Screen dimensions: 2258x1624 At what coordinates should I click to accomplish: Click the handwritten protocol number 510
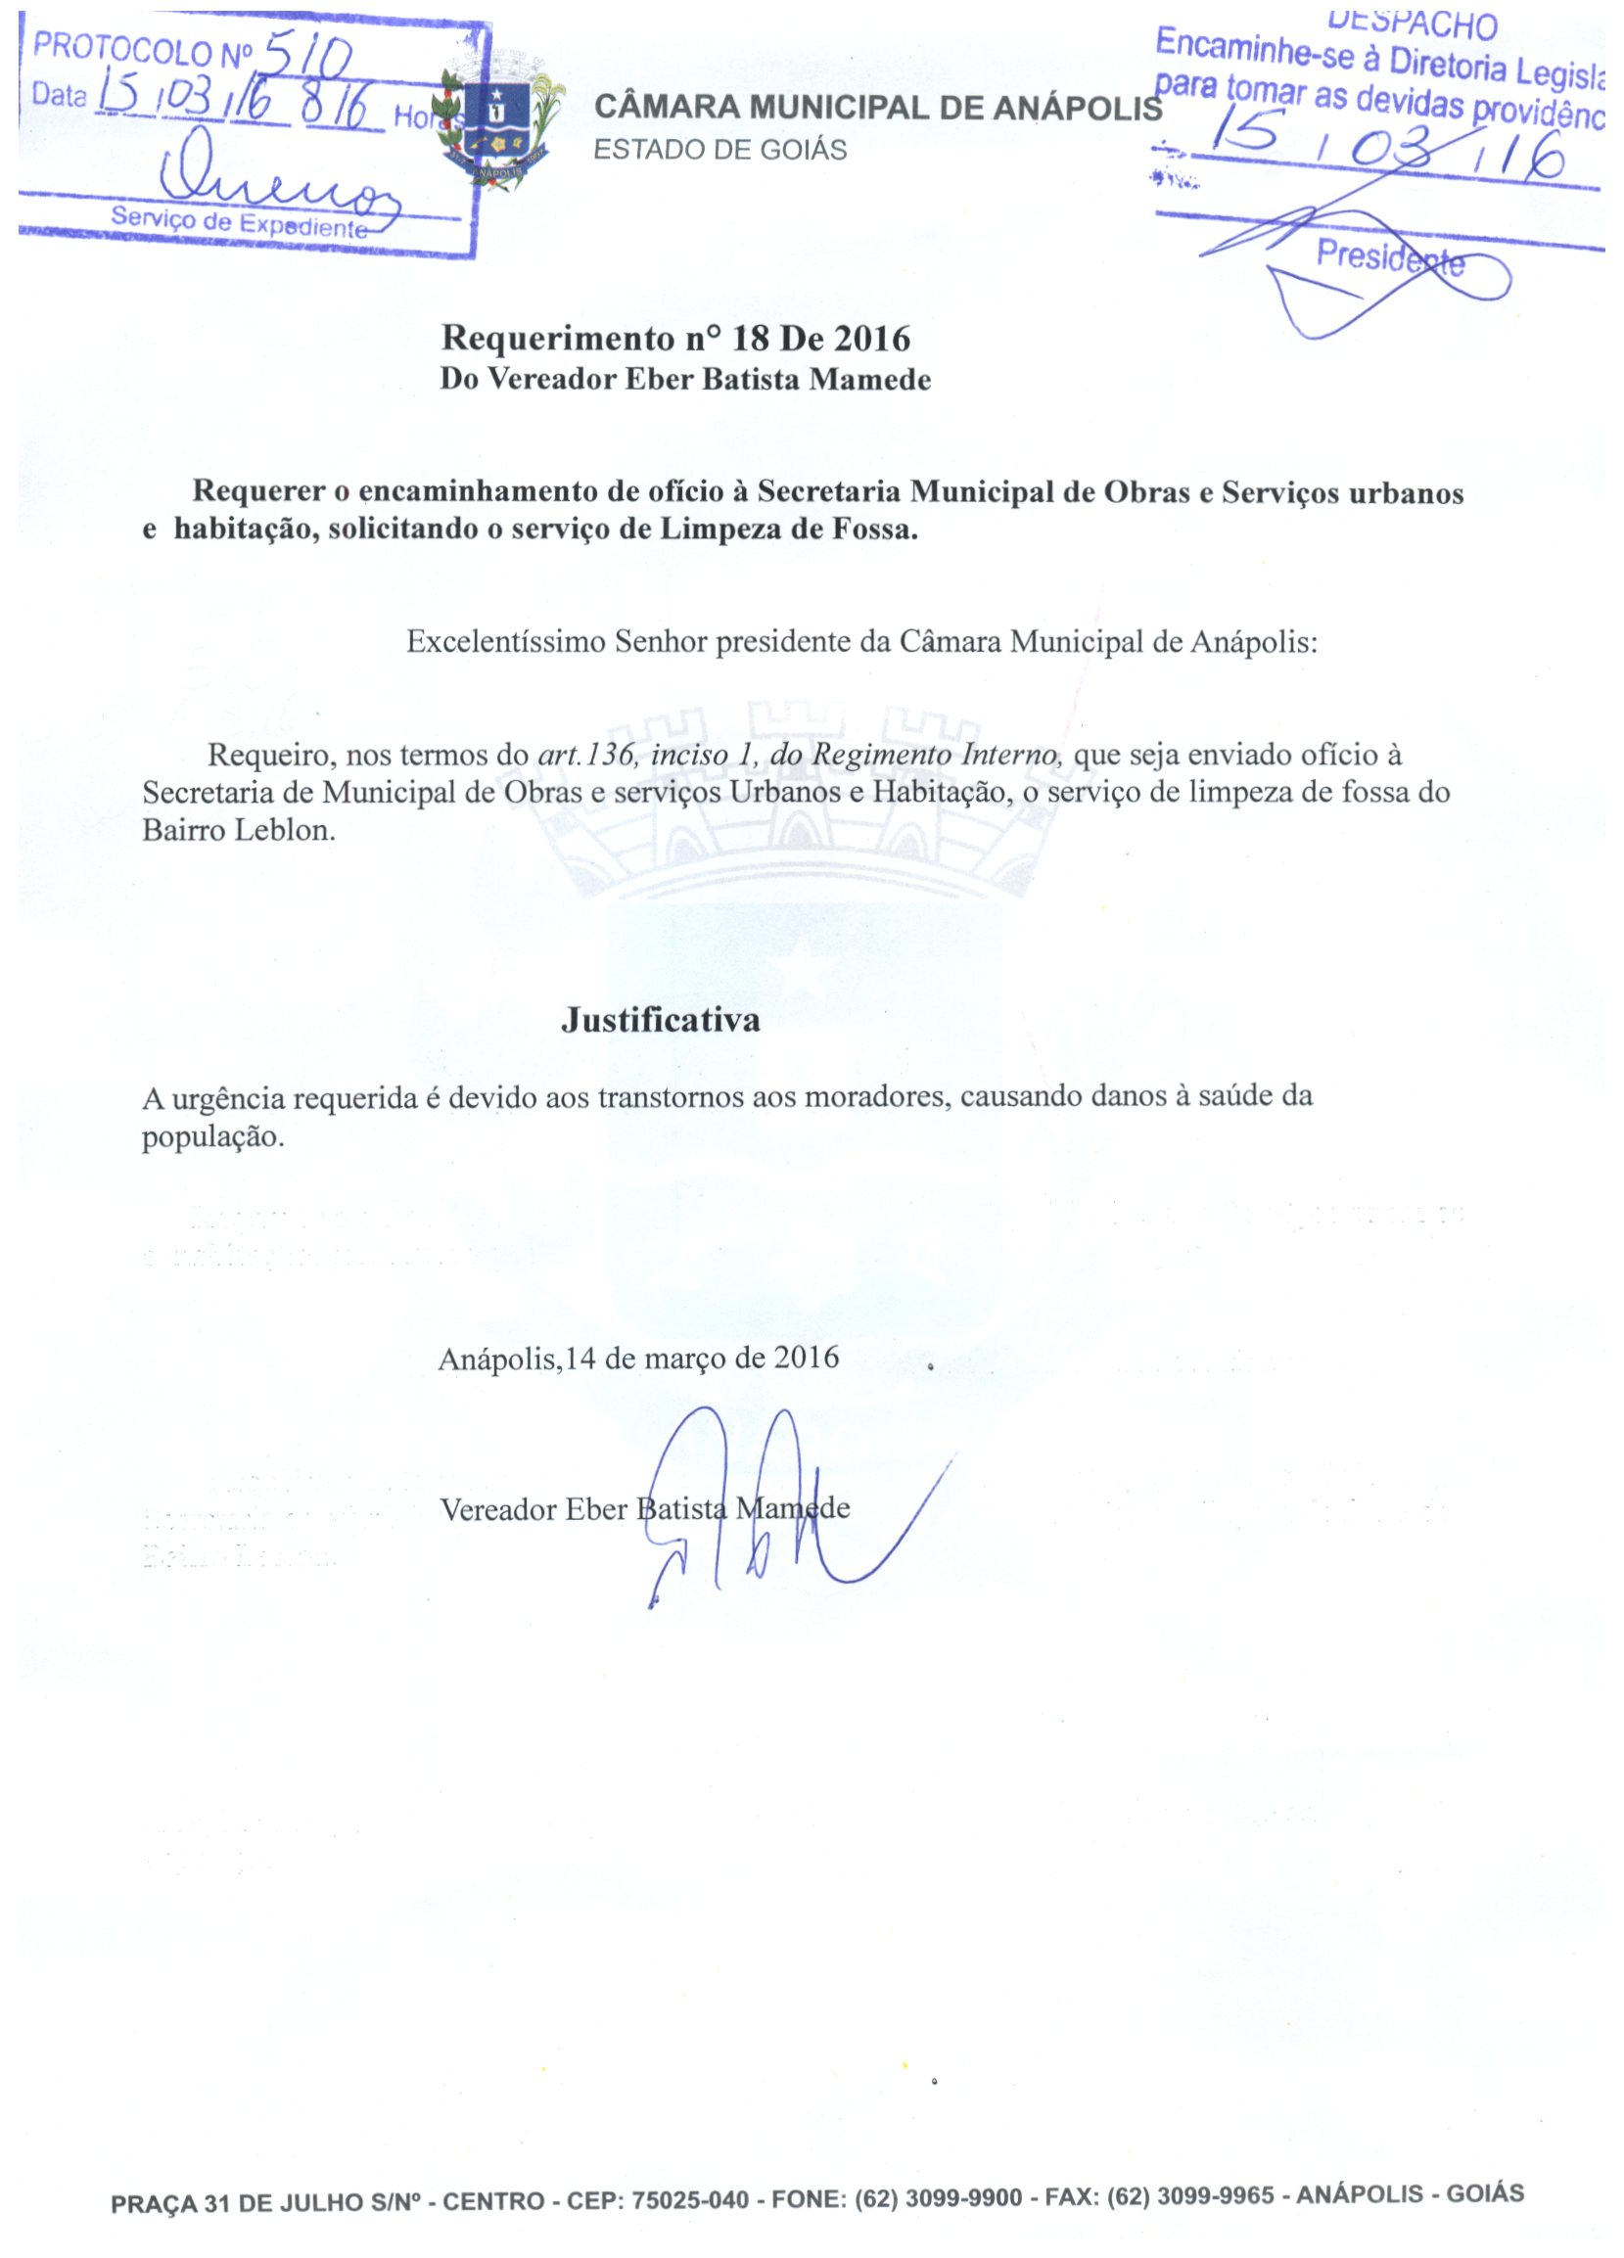point(308,62)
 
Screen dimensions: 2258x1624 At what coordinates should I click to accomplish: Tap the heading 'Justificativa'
point(660,1020)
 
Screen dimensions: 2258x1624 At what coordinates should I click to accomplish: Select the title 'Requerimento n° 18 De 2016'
point(675,339)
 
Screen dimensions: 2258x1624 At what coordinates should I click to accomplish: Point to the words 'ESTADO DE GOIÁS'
point(719,151)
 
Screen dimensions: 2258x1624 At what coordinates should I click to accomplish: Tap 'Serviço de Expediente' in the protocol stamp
point(239,222)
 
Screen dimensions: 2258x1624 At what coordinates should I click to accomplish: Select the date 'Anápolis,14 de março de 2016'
point(638,1358)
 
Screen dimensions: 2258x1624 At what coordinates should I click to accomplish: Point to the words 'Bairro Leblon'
point(238,830)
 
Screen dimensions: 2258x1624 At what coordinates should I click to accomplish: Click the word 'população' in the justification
point(213,1137)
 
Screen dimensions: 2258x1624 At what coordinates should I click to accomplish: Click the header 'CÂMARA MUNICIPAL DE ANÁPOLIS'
point(877,109)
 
